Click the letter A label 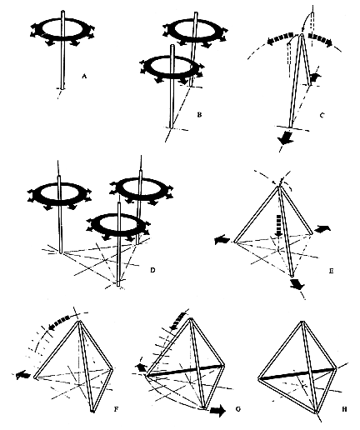[x=84, y=76]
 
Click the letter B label [x=199, y=114]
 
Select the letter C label [x=322, y=115]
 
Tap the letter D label [x=152, y=269]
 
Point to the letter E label [x=331, y=270]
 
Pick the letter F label [x=117, y=409]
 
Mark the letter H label [x=344, y=409]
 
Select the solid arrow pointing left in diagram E [x=222, y=239]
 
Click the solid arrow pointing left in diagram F [x=23, y=375]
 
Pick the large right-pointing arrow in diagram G [x=218, y=412]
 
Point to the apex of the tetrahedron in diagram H [x=302, y=322]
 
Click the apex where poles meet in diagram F [x=80, y=322]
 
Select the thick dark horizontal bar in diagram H [x=297, y=373]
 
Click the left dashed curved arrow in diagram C [x=281, y=38]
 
